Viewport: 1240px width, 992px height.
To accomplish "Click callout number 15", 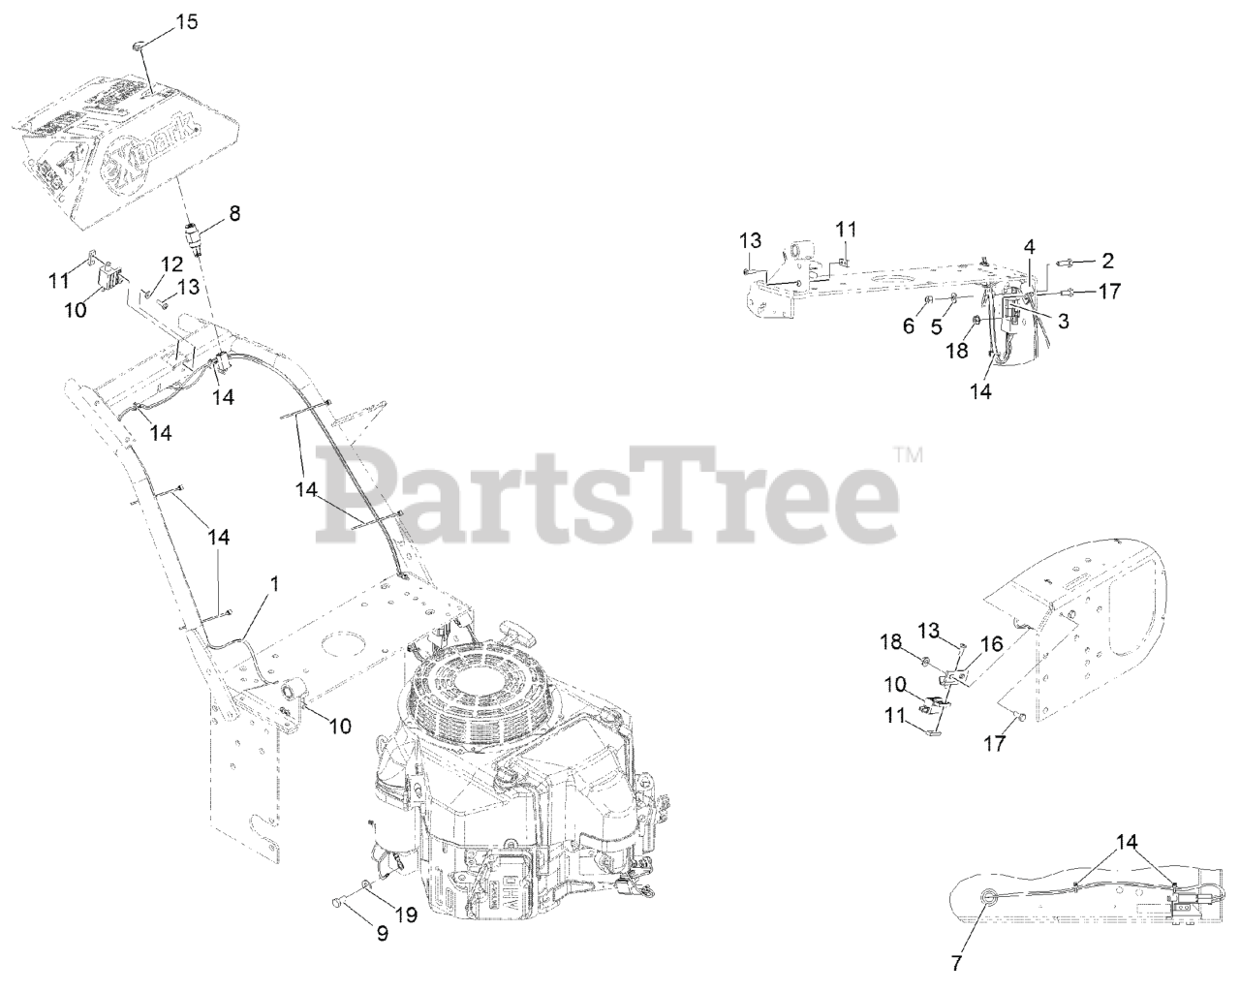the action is (x=186, y=21).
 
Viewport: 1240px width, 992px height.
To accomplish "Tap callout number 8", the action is (x=234, y=211).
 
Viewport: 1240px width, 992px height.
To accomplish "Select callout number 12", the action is (x=171, y=263).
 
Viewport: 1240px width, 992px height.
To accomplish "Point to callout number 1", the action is (x=275, y=584).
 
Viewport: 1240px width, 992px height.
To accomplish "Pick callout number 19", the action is (x=406, y=913).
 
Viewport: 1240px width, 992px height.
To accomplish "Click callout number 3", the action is (x=1064, y=322).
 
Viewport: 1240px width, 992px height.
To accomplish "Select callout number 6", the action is (x=909, y=326).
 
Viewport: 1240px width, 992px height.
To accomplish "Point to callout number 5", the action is (x=936, y=326).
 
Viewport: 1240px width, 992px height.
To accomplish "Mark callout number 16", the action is (x=990, y=643).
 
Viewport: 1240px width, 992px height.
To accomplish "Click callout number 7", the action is (x=957, y=963).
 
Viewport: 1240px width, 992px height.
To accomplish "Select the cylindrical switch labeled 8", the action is (x=198, y=237).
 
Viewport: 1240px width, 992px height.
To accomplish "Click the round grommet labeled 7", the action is (x=985, y=897).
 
